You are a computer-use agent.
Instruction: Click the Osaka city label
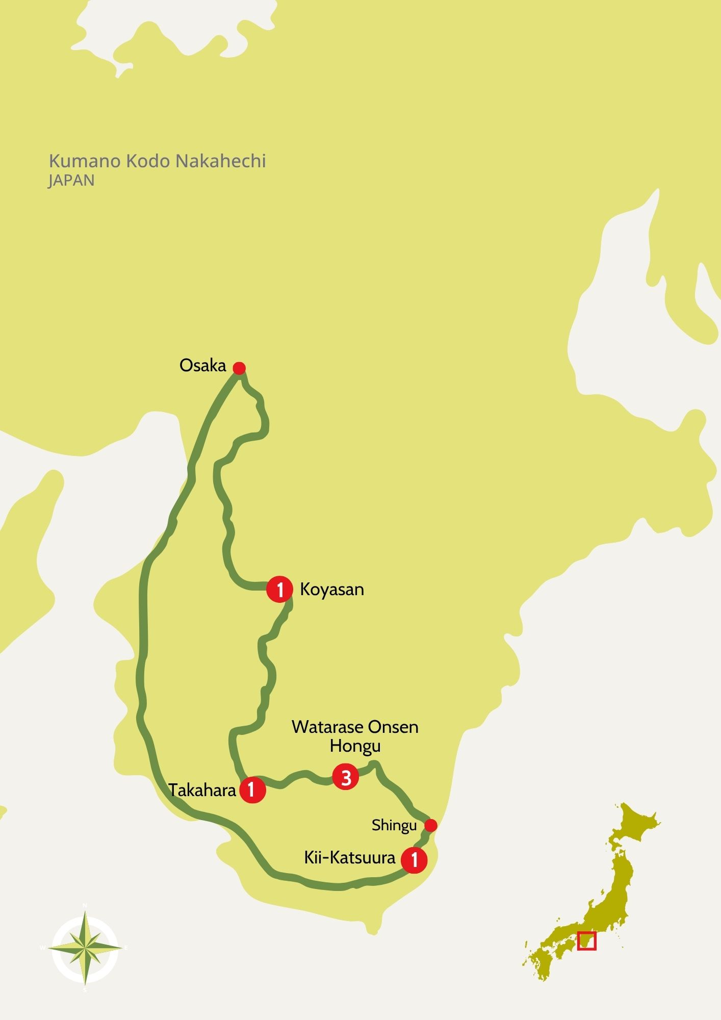click(202, 365)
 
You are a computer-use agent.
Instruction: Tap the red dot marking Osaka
click(239, 368)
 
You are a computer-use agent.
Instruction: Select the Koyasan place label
click(332, 589)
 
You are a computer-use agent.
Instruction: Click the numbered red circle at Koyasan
click(280, 590)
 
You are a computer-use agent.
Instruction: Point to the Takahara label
click(202, 790)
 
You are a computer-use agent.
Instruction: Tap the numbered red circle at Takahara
click(252, 790)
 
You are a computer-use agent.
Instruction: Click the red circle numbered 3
click(346, 777)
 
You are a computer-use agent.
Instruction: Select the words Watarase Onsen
click(355, 727)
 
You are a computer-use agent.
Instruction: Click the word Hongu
click(355, 746)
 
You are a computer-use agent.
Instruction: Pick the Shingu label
click(394, 825)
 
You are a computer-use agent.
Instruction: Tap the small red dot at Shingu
click(431, 825)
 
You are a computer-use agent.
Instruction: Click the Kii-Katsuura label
click(350, 857)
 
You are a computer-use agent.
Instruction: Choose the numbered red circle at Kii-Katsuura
click(414, 860)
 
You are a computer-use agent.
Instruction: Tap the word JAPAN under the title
click(71, 181)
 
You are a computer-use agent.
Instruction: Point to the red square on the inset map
click(586, 941)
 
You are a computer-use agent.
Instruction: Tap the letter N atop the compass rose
click(85, 905)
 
